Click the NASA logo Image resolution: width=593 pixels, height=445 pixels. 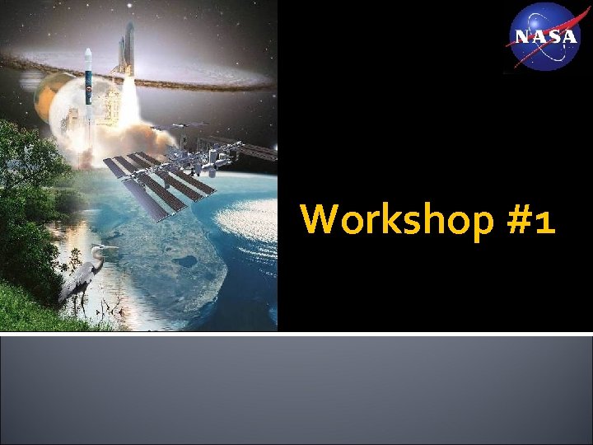coord(545,36)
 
